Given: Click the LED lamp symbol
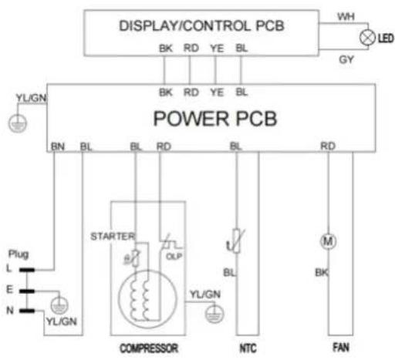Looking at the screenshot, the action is point(367,38).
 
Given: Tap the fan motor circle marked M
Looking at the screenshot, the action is point(328,241).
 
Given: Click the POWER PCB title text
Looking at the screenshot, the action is point(215,119).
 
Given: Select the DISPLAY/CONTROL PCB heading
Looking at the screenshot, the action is point(201,25).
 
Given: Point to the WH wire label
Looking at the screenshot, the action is point(346,17).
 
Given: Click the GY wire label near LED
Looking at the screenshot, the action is point(346,59).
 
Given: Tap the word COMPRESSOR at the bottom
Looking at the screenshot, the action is point(149,348).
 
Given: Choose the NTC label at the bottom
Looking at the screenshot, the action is point(248,348).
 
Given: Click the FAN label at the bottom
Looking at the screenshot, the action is point(341,348).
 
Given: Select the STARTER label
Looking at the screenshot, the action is point(113,237).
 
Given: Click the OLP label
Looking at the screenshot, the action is point(174,257).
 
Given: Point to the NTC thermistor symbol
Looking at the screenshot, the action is point(236,241).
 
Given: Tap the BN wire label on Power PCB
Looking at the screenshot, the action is point(58,146).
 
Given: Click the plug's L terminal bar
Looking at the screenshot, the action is point(27,270).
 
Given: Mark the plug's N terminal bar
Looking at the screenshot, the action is point(27,311).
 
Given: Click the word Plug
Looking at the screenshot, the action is point(19,254).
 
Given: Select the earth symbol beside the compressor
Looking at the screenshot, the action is point(214,314).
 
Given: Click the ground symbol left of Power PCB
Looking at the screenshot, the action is point(18,123).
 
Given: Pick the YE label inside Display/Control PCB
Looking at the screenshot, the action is point(217,49).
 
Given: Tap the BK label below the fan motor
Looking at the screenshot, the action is point(322,272).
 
